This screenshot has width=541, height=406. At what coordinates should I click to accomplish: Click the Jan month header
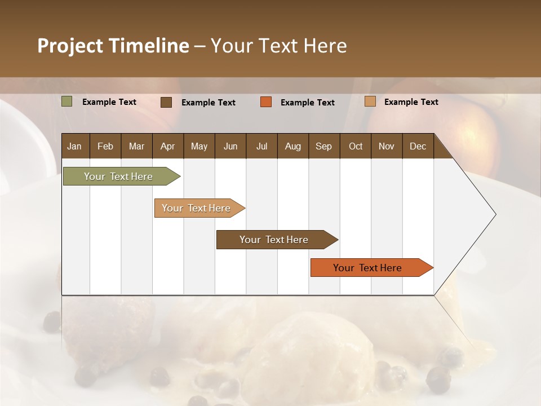74,146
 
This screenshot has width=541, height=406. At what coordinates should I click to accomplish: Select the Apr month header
168,146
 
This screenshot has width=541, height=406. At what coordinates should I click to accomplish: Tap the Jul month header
261,146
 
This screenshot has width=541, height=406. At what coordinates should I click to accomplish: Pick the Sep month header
323,146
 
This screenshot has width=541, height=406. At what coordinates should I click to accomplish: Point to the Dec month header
418,146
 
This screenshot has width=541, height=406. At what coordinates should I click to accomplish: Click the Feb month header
105,146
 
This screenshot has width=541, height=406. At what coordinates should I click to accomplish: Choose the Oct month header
356,146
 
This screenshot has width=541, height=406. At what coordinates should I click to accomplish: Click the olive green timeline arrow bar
118,176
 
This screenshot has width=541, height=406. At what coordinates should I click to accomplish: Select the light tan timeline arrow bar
196,208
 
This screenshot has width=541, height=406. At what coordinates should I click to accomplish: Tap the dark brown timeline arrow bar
274,240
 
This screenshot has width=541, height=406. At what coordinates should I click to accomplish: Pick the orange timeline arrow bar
367,268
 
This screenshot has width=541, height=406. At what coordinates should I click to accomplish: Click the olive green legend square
67,101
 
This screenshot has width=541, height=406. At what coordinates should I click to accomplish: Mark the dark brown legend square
166,102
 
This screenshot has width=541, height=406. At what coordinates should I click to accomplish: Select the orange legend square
266,102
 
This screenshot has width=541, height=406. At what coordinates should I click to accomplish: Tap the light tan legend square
370,101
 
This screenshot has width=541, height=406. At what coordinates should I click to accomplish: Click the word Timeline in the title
148,46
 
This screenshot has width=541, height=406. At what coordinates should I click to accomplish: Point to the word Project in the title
69,46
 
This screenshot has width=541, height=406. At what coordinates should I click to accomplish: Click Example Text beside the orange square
308,102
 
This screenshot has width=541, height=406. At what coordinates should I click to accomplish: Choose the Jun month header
230,146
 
